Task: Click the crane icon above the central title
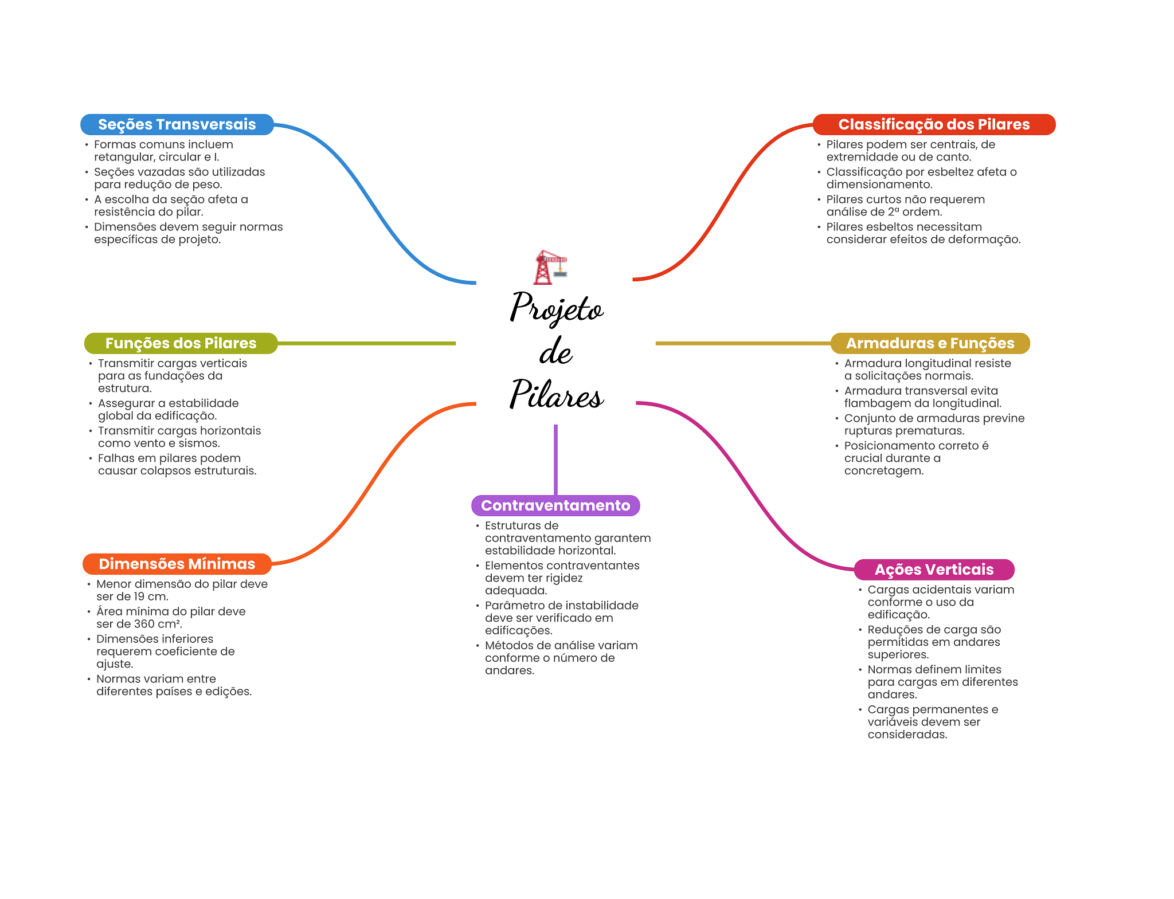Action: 550,267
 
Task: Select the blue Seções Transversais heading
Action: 177,124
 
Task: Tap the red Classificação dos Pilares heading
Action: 933,124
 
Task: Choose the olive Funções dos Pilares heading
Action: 181,343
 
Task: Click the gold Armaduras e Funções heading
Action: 930,343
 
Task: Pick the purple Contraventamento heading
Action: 555,505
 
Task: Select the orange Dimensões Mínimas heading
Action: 177,564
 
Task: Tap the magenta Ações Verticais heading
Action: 933,570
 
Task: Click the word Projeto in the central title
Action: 556,308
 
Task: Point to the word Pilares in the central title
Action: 556,395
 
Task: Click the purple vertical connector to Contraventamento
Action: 555,458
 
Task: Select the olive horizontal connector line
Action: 367,343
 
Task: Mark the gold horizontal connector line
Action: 742,343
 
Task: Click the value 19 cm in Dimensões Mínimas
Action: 150,596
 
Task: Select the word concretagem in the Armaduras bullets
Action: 883,471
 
